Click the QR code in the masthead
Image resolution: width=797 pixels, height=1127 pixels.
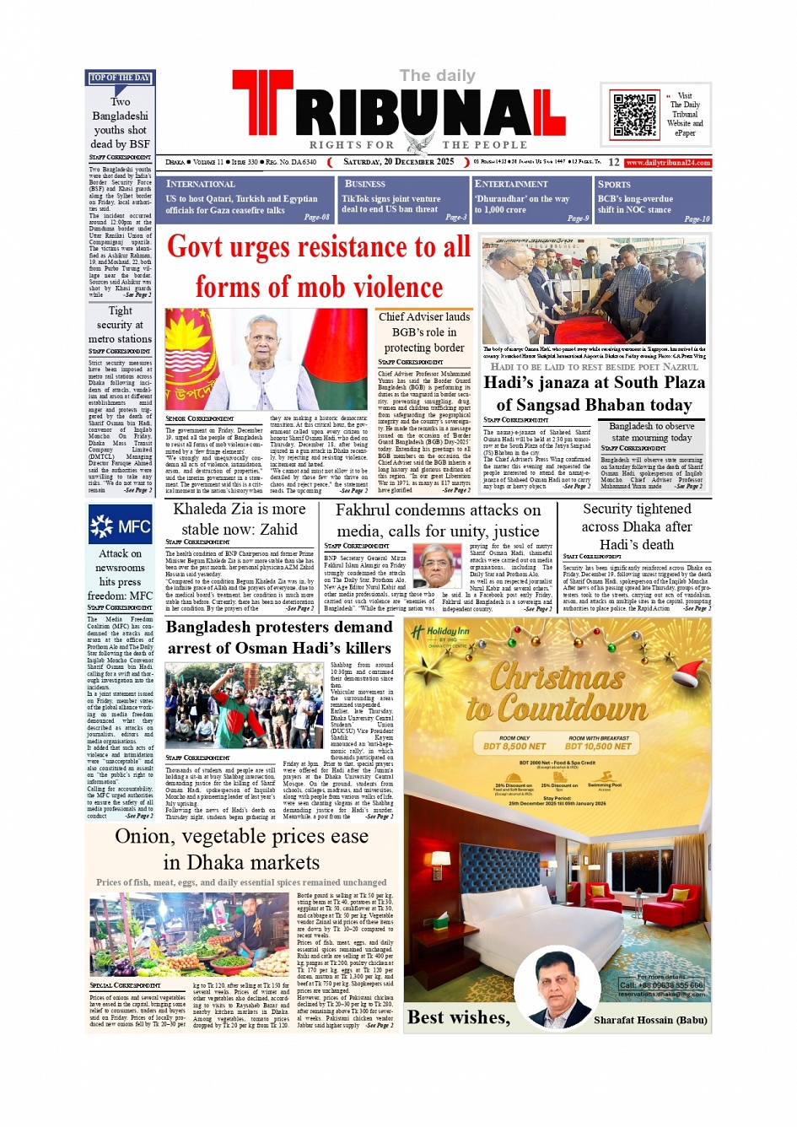pyautogui.click(x=634, y=115)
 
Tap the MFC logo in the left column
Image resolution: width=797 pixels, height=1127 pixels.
pyautogui.click(x=121, y=526)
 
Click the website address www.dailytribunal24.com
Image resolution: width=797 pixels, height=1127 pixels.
pyautogui.click(x=668, y=163)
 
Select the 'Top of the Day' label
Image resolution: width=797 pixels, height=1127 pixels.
pyautogui.click(x=120, y=78)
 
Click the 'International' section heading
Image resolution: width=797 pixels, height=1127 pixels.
pyautogui.click(x=200, y=184)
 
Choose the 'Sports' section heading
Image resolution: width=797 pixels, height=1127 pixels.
pyautogui.click(x=614, y=184)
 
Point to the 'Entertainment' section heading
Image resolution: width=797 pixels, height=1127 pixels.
pyautogui.click(x=510, y=184)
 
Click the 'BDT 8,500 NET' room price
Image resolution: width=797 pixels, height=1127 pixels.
pyautogui.click(x=514, y=746)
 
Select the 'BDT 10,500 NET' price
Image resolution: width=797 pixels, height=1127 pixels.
pyautogui.click(x=599, y=746)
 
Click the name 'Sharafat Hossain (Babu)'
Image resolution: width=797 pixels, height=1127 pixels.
pyautogui.click(x=650, y=1020)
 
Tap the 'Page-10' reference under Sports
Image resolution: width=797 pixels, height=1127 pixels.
pyautogui.click(x=697, y=218)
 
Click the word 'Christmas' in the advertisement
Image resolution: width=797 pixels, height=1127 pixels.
pyautogui.click(x=557, y=676)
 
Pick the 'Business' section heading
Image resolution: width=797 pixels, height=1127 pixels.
pyautogui.click(x=364, y=184)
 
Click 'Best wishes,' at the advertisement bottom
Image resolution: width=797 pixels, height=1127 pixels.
pyautogui.click(x=459, y=1017)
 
